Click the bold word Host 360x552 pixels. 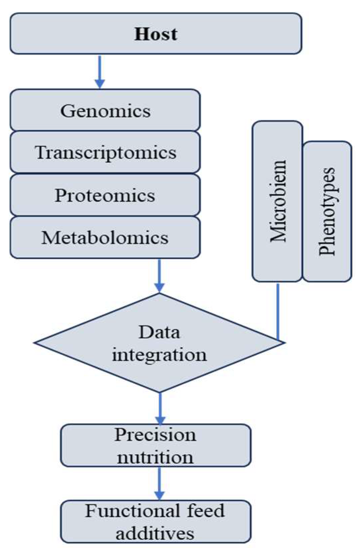[156, 34]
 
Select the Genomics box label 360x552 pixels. [105, 111]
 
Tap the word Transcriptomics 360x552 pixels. [105, 153]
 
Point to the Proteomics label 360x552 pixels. [105, 195]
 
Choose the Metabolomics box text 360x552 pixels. [105, 238]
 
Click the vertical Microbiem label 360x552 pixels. [278, 201]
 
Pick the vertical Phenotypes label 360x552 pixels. [327, 211]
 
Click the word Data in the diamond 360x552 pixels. [159, 332]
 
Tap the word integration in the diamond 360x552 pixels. [159, 355]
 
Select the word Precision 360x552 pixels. [155, 435]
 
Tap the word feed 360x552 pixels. [206, 511]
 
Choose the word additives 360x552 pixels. [155, 533]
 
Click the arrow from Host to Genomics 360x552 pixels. [100, 72]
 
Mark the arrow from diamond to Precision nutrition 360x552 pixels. [160, 408]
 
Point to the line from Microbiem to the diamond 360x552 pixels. [278, 312]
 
